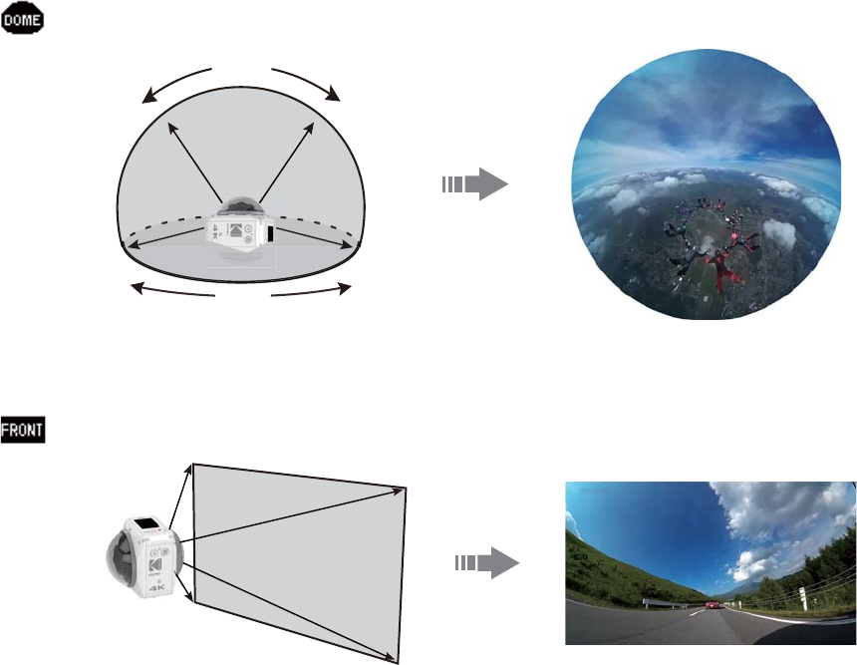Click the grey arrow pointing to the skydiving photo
tap(474, 184)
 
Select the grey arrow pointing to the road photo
tap(487, 564)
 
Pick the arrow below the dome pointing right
tap(311, 290)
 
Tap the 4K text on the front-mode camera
tap(157, 587)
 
